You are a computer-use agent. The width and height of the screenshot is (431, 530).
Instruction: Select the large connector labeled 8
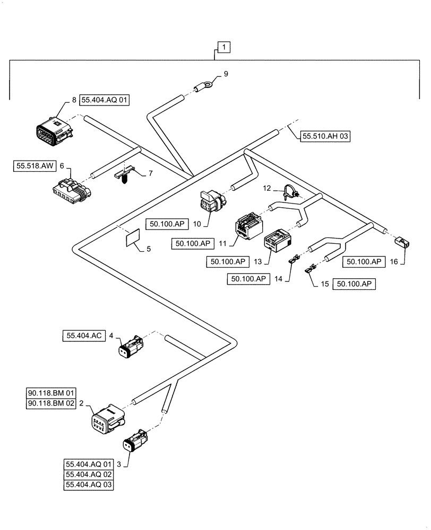pyautogui.click(x=54, y=130)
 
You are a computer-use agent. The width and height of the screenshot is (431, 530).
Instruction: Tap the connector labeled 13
pyautogui.click(x=277, y=241)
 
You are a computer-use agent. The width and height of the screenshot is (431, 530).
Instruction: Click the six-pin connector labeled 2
pyautogui.click(x=108, y=419)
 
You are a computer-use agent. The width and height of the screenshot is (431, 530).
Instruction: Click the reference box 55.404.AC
pyautogui.click(x=83, y=335)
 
